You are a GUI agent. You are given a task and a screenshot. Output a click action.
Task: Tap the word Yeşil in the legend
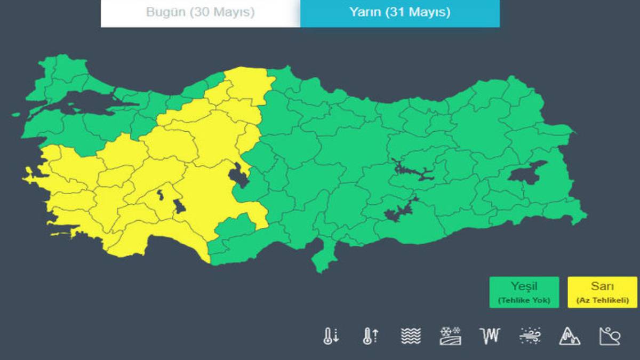click(x=524, y=287)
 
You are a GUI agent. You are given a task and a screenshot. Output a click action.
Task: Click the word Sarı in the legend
click(x=602, y=287)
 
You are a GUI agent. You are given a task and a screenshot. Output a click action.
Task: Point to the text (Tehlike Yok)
click(x=524, y=300)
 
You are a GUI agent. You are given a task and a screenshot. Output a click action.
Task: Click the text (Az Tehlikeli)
click(x=602, y=300)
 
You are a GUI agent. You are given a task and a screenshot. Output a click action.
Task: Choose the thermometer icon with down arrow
click(x=331, y=335)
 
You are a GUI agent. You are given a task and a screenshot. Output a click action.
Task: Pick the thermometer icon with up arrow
click(x=371, y=335)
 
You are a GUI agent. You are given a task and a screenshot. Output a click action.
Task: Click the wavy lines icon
click(x=411, y=335)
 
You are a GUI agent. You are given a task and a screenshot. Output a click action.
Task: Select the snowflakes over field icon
click(x=451, y=335)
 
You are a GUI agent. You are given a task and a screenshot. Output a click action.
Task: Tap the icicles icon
click(x=490, y=335)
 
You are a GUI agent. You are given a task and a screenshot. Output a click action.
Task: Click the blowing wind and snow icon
click(x=530, y=335)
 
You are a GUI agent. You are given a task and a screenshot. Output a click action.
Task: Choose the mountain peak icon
click(x=570, y=335)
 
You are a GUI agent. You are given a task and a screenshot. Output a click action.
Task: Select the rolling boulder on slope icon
click(x=610, y=335)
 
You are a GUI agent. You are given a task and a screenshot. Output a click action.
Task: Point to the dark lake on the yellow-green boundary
click(x=238, y=175)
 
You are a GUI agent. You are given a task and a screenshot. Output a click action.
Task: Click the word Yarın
click(x=365, y=12)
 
